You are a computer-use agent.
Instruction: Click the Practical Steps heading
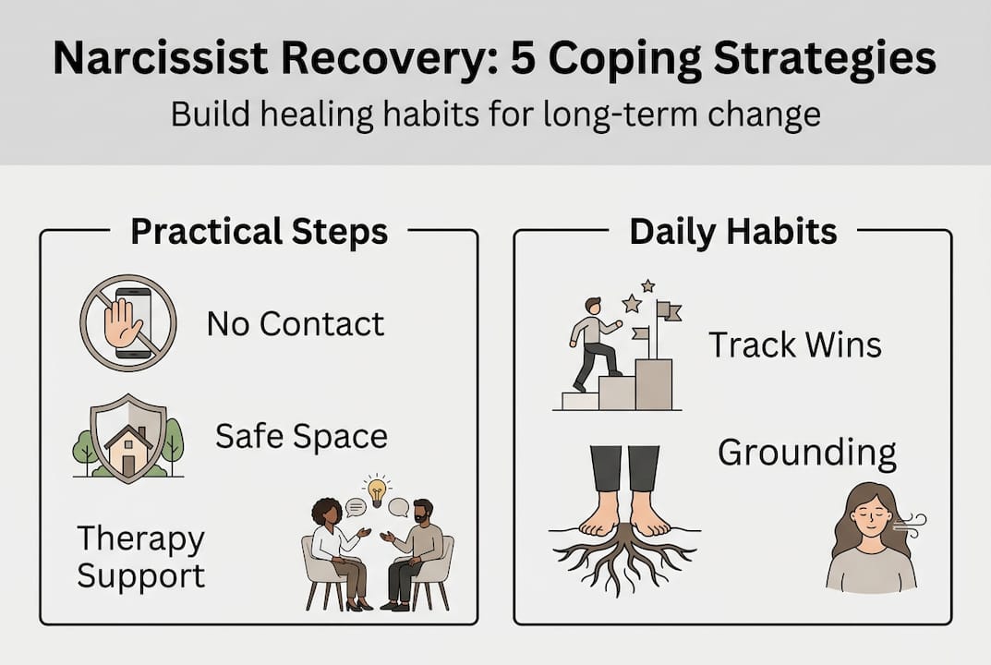tap(259, 231)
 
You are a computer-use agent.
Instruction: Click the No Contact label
tap(295, 323)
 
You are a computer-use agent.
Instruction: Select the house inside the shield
tap(128, 449)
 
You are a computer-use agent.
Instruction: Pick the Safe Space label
tap(301, 435)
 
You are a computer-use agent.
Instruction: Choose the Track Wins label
tap(794, 345)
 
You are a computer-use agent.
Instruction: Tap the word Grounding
tap(806, 453)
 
